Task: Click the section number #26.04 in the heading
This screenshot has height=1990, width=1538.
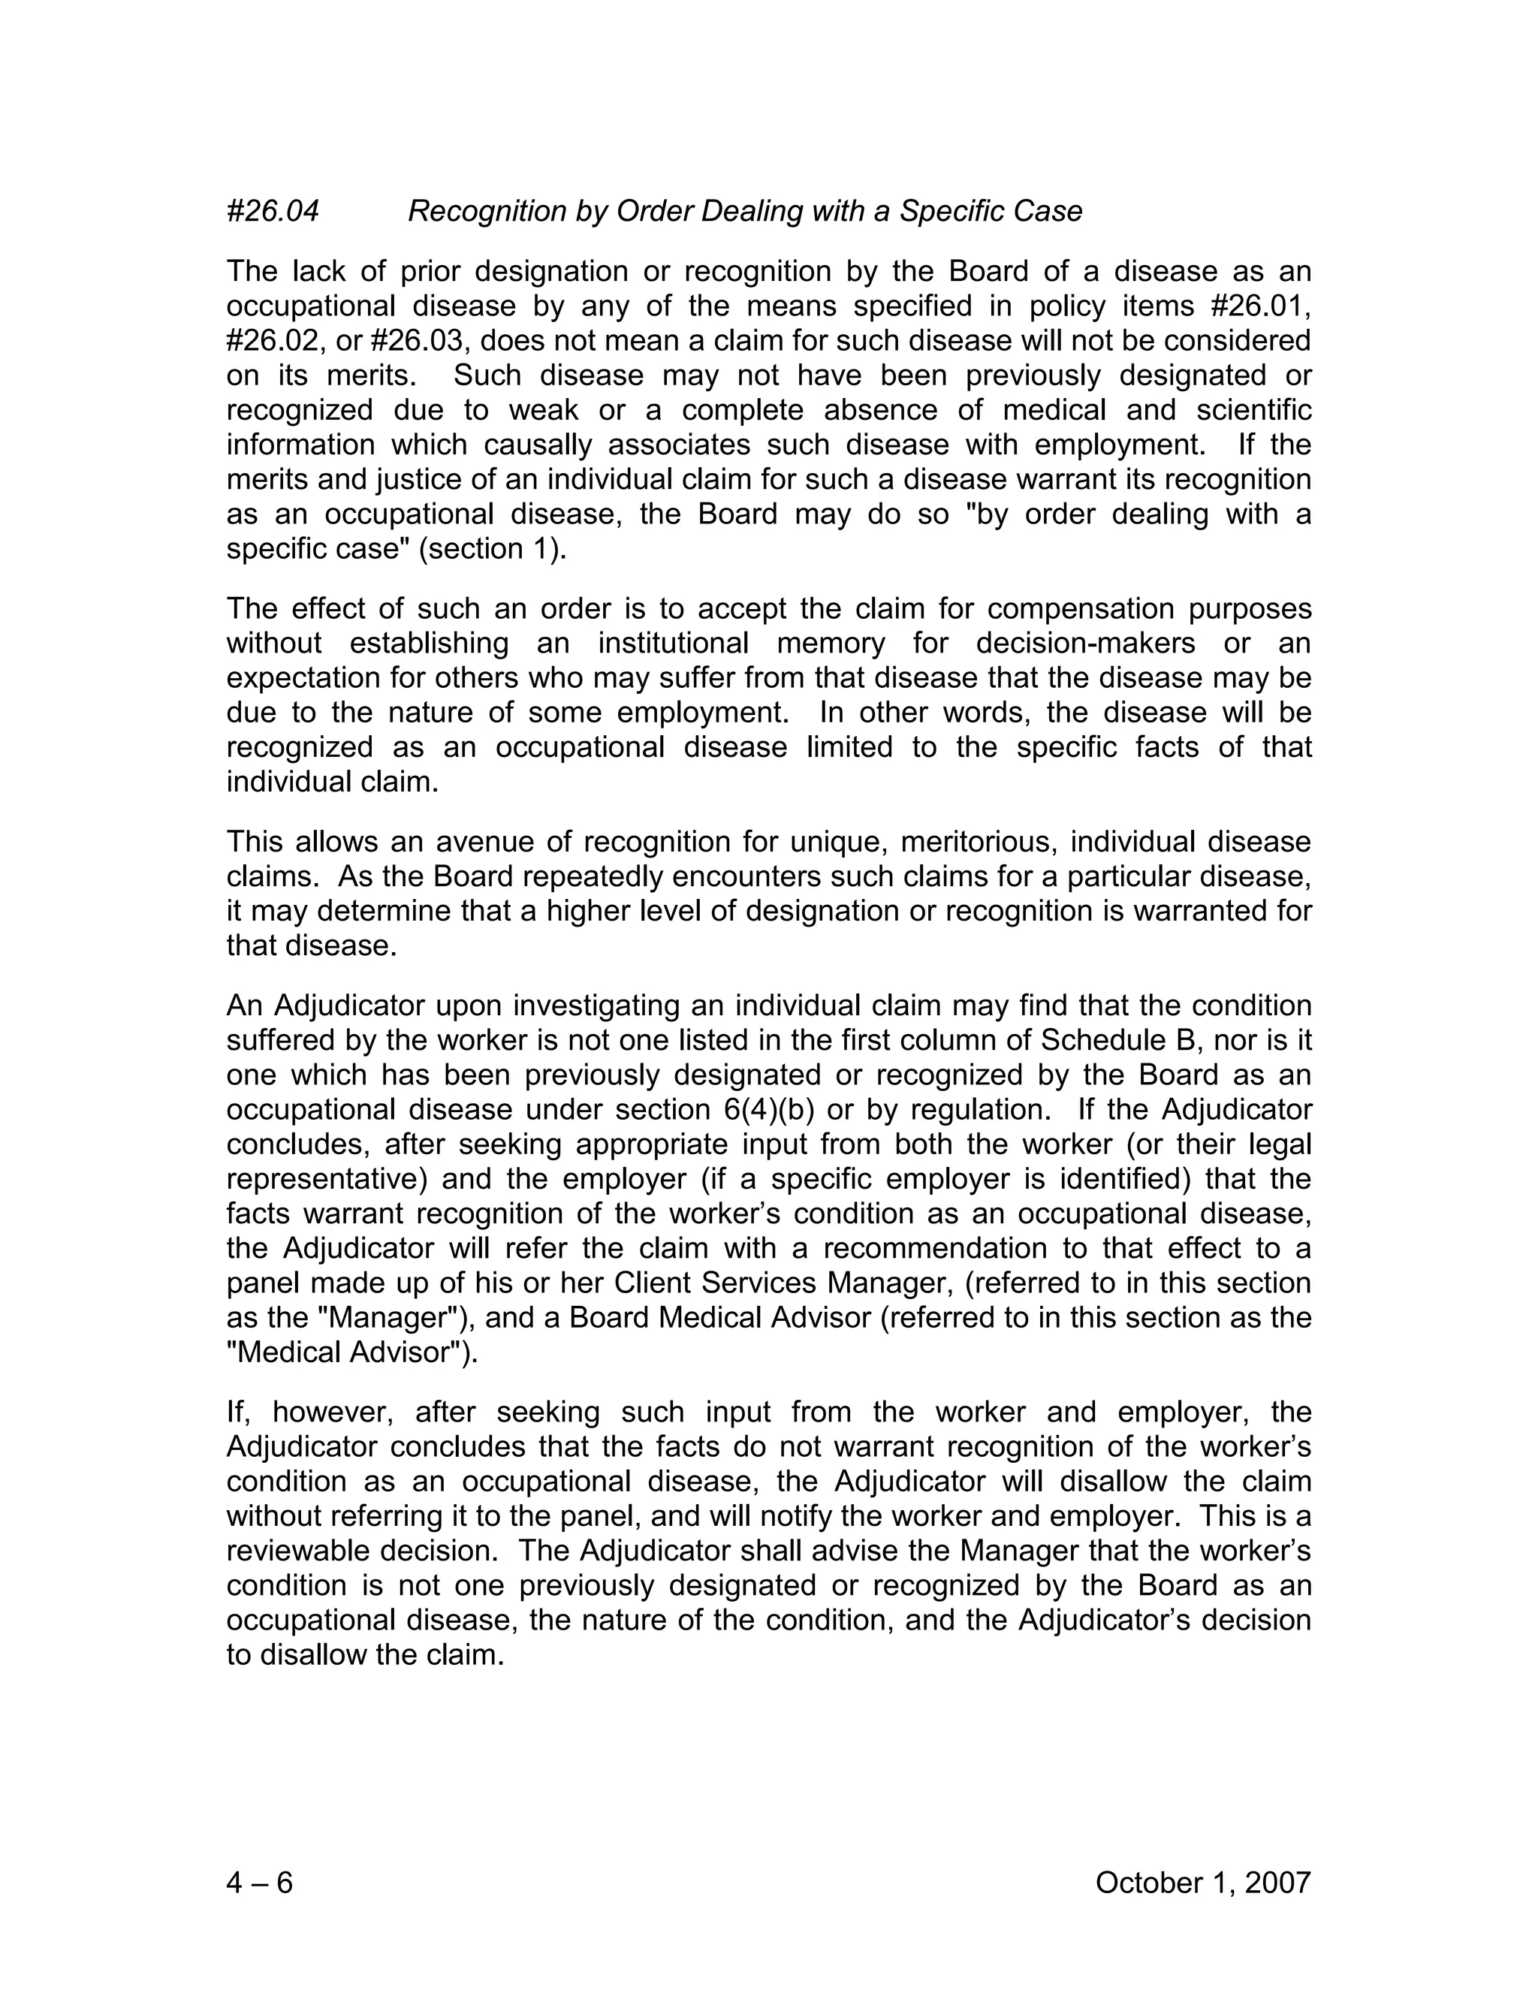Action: pyautogui.click(x=273, y=212)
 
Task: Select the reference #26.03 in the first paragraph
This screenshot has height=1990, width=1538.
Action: pyautogui.click(x=422, y=341)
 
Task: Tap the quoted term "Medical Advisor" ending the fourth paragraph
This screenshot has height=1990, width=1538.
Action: pyautogui.click(x=351, y=1352)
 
